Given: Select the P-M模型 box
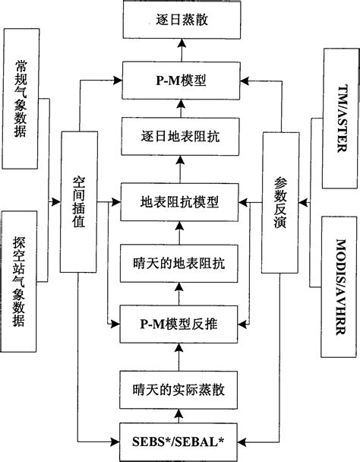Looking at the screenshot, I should (x=180, y=78).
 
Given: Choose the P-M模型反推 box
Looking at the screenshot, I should (x=180, y=322).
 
